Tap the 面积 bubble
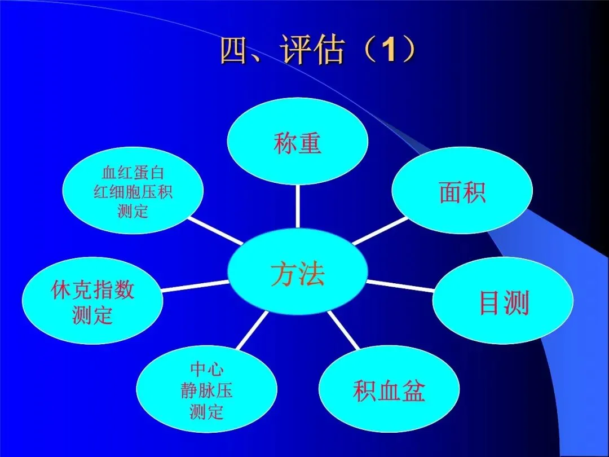click(462, 192)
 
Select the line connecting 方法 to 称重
click(297, 206)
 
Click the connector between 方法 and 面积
click(379, 231)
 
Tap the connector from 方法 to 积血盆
click(343, 330)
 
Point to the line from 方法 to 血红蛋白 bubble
click(217, 231)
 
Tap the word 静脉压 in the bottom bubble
click(206, 391)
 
